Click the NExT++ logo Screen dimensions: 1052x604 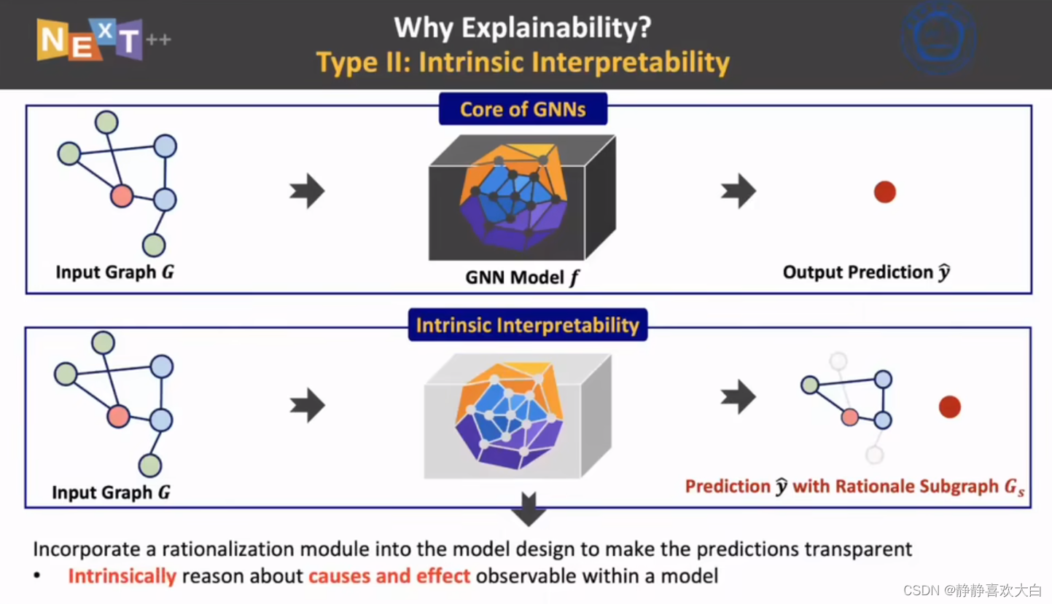(104, 40)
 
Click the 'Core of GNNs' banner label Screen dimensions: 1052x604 (523, 109)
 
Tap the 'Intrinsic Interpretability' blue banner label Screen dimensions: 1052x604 (528, 325)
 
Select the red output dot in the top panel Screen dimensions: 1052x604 (885, 192)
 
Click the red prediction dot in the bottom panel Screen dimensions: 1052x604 (950, 407)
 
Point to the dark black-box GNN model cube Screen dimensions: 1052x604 (522, 197)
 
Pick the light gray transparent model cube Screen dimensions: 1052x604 (518, 416)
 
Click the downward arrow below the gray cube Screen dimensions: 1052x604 (529, 509)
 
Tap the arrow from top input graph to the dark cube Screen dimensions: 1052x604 (307, 191)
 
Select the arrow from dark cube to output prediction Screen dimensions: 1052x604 (739, 191)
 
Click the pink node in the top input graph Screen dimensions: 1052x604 (122, 196)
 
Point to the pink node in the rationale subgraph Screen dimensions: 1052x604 (849, 417)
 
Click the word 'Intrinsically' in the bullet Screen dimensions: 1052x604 (122, 576)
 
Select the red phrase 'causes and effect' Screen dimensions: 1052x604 (389, 576)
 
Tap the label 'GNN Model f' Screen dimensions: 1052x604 (522, 278)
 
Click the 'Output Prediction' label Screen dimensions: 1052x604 (857, 272)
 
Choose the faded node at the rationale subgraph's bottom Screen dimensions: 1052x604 (874, 455)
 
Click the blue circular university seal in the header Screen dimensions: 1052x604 (939, 38)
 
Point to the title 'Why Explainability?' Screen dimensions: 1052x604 (523, 28)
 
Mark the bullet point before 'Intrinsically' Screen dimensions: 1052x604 (37, 576)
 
